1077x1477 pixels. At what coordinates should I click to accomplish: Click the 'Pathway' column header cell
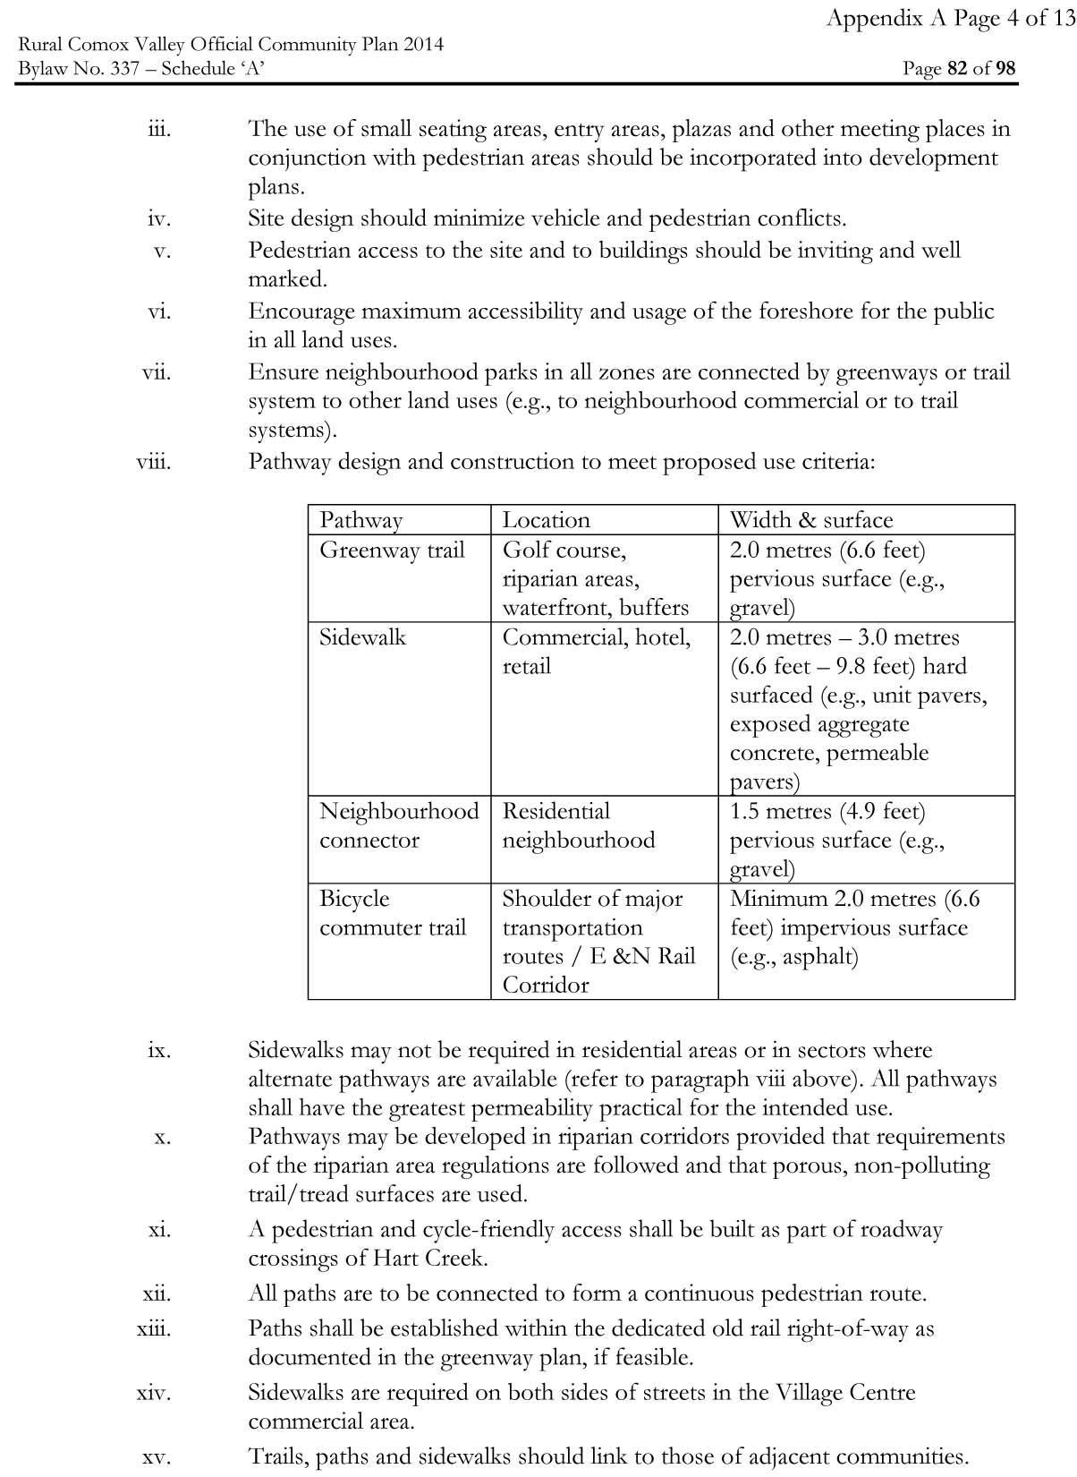361,520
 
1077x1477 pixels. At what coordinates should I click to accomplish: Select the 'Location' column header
546,520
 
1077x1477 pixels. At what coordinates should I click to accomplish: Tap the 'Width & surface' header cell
810,520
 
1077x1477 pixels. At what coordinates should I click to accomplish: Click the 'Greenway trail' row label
392,550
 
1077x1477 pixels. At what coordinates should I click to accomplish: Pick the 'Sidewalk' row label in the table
362,637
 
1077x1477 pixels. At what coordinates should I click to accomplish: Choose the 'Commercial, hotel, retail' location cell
596,652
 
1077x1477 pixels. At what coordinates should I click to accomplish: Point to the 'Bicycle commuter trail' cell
393,913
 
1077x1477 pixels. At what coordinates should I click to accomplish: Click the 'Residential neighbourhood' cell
578,825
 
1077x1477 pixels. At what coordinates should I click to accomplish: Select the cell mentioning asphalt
855,927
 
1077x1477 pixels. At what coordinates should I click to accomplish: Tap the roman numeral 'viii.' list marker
154,462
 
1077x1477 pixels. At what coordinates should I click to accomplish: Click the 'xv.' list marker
157,1456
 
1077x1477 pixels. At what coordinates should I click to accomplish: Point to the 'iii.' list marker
159,129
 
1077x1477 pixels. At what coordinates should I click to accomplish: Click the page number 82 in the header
957,69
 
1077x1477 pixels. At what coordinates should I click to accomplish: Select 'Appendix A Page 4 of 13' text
950,19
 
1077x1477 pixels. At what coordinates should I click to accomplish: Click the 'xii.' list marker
157,1293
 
